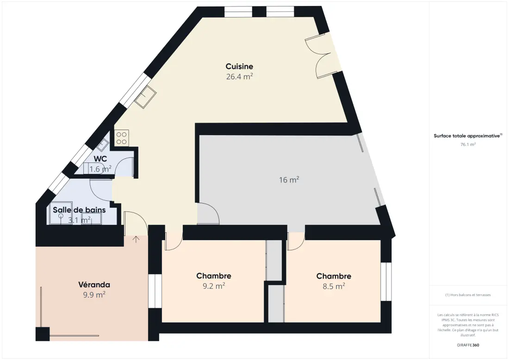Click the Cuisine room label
pyautogui.click(x=239, y=66)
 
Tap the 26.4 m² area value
pyautogui.click(x=239, y=77)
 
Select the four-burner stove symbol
pyautogui.click(x=122, y=138)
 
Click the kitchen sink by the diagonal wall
pyautogui.click(x=145, y=97)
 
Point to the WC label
pyautogui.click(x=100, y=159)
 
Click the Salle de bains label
pyautogui.click(x=79, y=210)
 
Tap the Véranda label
pyautogui.click(x=94, y=285)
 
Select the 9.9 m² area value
pyautogui.click(x=94, y=295)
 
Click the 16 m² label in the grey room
pyautogui.click(x=289, y=180)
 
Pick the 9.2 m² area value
pyautogui.click(x=214, y=286)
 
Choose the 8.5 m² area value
pyautogui.click(x=334, y=286)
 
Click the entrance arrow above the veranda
pyautogui.click(x=136, y=239)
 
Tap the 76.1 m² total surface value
pyautogui.click(x=468, y=144)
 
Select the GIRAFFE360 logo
pyautogui.click(x=468, y=345)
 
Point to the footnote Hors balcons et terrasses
pyautogui.click(x=468, y=295)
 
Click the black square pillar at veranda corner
pyautogui.click(x=43, y=334)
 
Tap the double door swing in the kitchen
pyautogui.click(x=318, y=58)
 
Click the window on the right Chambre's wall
pyautogui.click(x=386, y=281)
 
